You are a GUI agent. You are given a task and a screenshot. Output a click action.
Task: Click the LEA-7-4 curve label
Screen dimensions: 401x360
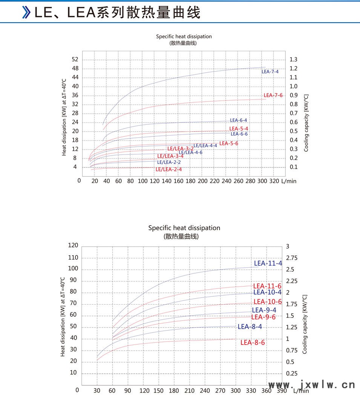(270, 72)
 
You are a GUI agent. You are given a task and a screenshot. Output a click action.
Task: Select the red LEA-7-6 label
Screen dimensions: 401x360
(273, 95)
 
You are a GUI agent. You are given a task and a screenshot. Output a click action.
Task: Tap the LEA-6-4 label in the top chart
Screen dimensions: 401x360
(239, 120)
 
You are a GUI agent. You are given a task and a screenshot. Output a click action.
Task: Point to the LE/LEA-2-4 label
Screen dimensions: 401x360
(169, 169)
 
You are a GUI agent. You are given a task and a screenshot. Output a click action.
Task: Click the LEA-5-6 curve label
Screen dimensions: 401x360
(229, 143)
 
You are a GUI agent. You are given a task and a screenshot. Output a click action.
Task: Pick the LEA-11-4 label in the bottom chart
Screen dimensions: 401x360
(268, 263)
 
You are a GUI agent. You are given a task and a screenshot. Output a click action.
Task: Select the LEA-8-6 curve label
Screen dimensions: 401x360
(253, 342)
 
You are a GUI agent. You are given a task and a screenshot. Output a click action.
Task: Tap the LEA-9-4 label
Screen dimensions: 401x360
(264, 310)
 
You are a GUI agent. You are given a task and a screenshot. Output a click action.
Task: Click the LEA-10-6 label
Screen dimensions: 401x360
(268, 302)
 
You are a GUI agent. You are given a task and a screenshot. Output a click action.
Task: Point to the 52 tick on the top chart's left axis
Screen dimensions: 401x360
(75, 59)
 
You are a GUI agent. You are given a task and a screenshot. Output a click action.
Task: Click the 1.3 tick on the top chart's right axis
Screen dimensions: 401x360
(293, 59)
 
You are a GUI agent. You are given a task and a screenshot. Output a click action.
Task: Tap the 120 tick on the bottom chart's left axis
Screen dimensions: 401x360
(73, 245)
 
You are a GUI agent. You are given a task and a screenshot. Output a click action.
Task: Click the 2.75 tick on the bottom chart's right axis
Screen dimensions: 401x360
(292, 258)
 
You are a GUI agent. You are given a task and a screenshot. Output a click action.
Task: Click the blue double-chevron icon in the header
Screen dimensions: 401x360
(26, 12)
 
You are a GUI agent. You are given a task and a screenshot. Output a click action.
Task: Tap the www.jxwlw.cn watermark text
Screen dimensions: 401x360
(311, 385)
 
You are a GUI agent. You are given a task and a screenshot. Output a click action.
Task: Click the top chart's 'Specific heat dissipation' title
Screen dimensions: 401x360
(184, 37)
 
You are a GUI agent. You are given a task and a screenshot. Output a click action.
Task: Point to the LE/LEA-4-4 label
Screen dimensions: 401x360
(205, 146)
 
